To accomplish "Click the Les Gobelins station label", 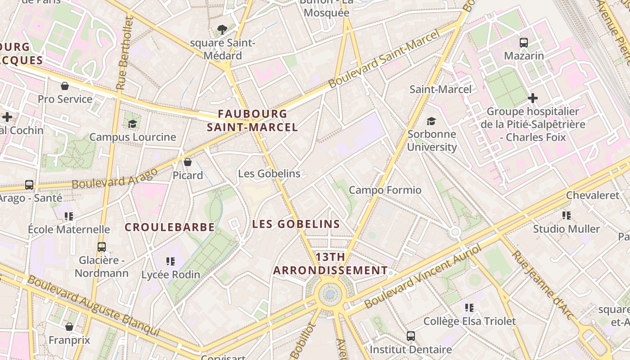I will coord(269,174).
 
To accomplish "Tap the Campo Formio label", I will coord(385,190).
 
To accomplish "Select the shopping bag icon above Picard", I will coord(188,162).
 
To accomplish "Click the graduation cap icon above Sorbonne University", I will coord(432,121).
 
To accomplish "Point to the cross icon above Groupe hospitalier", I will coord(533,98).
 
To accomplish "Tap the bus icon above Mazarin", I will coord(524,43).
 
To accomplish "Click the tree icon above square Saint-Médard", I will coord(222,30).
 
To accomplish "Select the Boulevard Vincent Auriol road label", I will coord(423,276).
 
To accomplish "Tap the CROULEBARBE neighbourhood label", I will coord(170,227).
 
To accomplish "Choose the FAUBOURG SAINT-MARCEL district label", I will coord(252,121).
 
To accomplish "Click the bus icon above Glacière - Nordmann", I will coord(102,247).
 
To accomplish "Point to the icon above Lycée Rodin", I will coord(171,261).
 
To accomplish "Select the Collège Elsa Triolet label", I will coord(469,321).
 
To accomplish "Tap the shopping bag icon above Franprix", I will coord(69,326).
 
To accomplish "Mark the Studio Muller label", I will coord(567,229).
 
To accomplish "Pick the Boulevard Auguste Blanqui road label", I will coord(93,306).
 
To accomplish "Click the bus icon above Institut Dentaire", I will coord(411,336).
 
